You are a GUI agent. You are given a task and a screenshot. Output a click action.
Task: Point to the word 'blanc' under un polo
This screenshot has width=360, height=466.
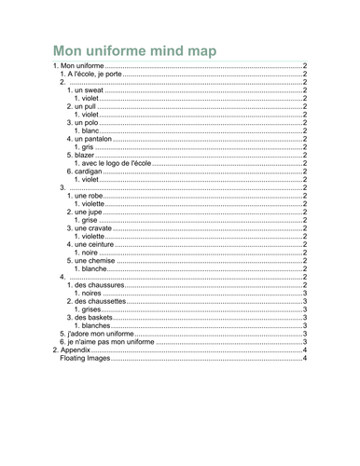[90, 130]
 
